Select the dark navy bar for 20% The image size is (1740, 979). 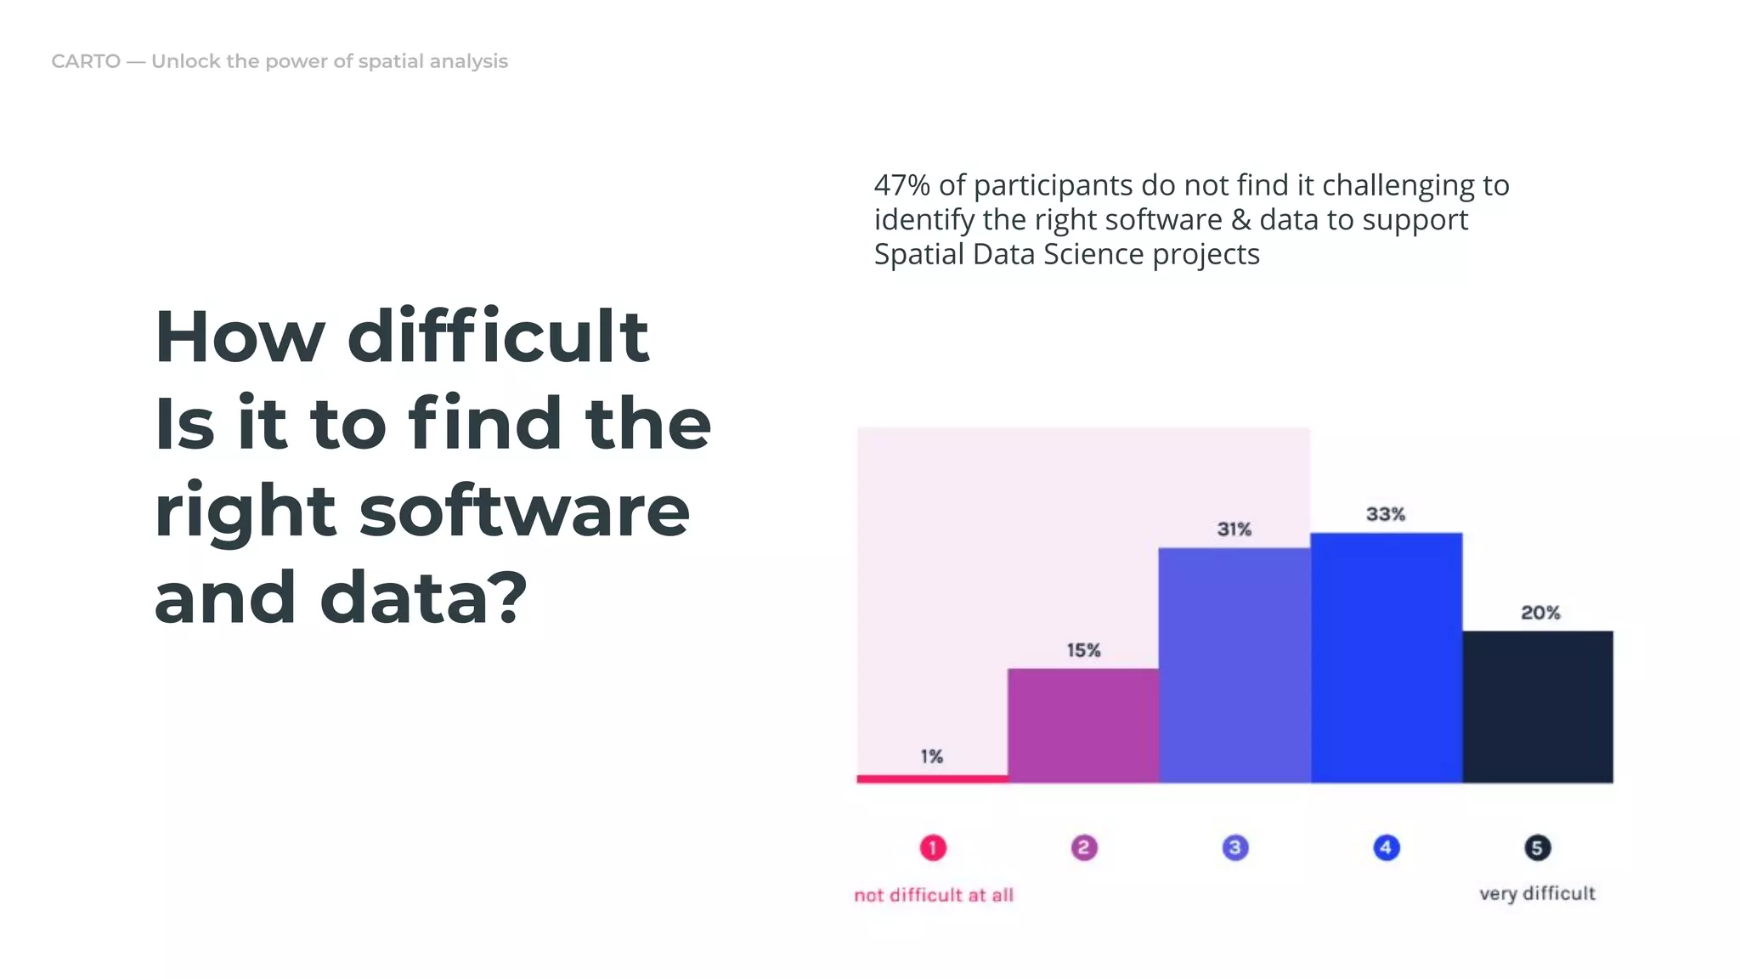pyautogui.click(x=1537, y=706)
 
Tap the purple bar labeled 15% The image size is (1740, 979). pyautogui.click(x=1083, y=725)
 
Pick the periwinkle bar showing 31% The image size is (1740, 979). pyautogui.click(x=1234, y=665)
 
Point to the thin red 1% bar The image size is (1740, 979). pyautogui.click(x=932, y=778)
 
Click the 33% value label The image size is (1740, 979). pyautogui.click(x=1385, y=514)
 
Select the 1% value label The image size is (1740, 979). pyautogui.click(x=931, y=756)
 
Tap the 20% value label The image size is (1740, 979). pyautogui.click(x=1539, y=613)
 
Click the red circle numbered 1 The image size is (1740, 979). pyautogui.click(x=932, y=847)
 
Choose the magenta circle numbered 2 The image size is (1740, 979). pyautogui.click(x=1083, y=847)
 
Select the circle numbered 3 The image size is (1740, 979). pyautogui.click(x=1234, y=847)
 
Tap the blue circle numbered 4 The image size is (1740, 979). pyautogui.click(x=1386, y=847)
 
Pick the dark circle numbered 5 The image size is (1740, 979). pyautogui.click(x=1536, y=847)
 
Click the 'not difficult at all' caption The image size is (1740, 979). pyautogui.click(x=933, y=895)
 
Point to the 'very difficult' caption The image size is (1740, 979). pyautogui.click(x=1536, y=893)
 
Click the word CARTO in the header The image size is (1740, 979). pyautogui.click(x=86, y=61)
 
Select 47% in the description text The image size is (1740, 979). pyautogui.click(x=901, y=185)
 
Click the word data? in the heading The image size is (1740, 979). pyautogui.click(x=423, y=597)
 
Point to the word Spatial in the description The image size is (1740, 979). pyautogui.click(x=919, y=254)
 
